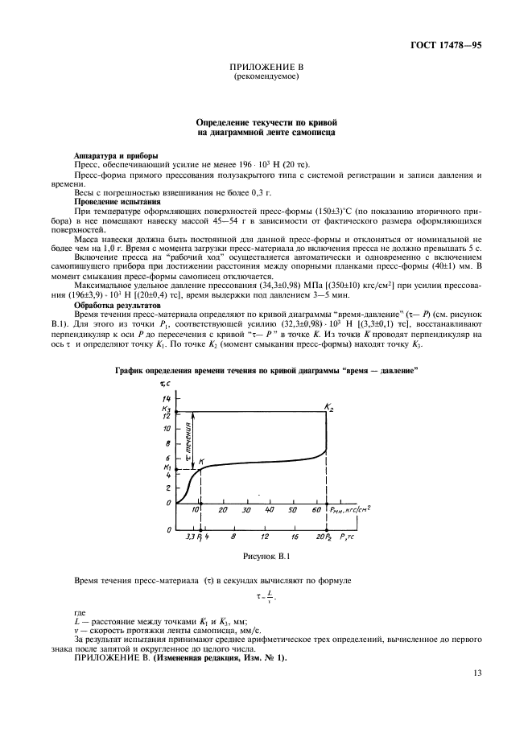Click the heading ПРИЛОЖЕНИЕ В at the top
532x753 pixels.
point(266,68)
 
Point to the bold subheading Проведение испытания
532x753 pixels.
point(116,201)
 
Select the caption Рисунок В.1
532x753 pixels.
point(266,554)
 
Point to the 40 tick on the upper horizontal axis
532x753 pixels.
point(270,510)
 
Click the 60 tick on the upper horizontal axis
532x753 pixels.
point(315,510)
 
